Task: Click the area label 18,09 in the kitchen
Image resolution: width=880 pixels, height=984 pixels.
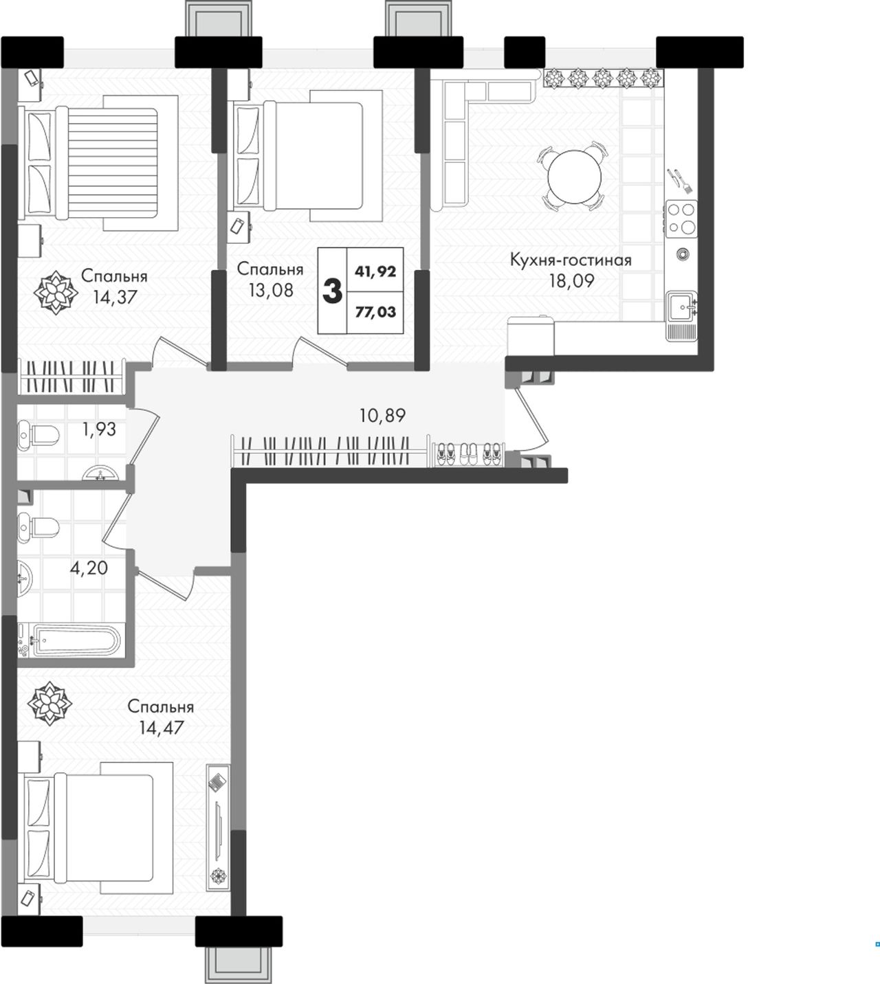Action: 571,281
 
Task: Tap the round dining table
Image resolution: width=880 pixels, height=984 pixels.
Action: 574,177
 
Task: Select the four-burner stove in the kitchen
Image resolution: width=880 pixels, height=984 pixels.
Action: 681,219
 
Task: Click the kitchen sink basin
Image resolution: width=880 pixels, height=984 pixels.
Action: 681,307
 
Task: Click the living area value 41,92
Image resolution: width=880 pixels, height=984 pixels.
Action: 375,271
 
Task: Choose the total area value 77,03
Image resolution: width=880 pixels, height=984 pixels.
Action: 375,312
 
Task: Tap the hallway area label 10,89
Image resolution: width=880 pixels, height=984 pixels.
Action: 382,416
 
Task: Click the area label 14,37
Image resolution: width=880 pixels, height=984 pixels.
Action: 115,297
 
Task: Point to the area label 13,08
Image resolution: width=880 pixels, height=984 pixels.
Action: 271,291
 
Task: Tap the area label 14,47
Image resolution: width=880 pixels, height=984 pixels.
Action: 162,728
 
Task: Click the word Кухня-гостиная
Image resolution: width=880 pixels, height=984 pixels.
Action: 571,260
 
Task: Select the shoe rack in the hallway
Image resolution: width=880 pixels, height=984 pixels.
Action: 468,454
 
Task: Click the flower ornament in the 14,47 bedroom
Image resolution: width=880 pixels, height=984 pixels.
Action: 49,704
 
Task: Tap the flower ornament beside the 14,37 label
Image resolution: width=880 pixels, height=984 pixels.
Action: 56,293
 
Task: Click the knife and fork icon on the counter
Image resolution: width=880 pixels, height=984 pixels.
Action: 680,181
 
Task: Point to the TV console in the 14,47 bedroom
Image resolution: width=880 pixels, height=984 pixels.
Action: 218,827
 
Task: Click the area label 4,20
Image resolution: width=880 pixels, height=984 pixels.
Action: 89,568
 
